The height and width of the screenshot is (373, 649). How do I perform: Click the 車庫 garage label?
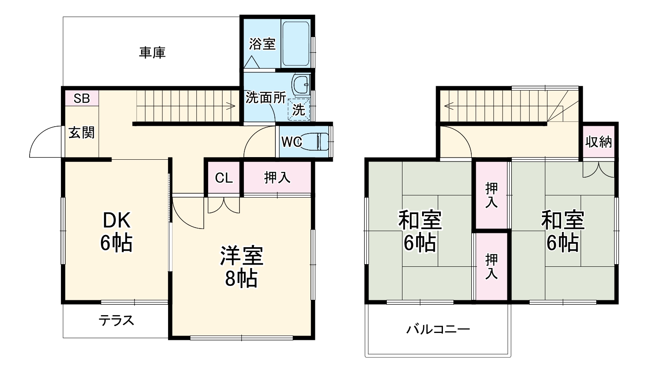click(152, 53)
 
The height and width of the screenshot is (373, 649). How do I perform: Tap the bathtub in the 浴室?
click(296, 44)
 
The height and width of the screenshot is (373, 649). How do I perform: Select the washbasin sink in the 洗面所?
click(301, 84)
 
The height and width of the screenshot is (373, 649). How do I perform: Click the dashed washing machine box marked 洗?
click(299, 109)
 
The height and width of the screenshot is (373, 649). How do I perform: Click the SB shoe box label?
click(81, 98)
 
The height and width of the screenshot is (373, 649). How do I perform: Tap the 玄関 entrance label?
click(81, 132)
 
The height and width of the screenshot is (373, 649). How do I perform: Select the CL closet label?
click(224, 178)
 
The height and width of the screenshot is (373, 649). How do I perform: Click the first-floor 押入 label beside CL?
click(277, 178)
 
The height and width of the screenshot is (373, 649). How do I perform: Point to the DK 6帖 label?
click(116, 232)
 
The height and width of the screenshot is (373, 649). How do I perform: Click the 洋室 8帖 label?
click(241, 267)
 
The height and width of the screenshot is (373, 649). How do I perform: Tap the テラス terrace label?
click(116, 321)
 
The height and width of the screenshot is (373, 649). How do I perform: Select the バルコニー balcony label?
click(438, 329)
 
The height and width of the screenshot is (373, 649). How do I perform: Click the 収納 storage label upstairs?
click(598, 142)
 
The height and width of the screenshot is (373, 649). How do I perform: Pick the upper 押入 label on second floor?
click(491, 195)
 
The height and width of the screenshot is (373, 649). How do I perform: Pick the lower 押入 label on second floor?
click(491, 266)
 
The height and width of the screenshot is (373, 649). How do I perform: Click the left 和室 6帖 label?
click(420, 232)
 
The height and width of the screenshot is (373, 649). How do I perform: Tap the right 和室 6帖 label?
click(563, 232)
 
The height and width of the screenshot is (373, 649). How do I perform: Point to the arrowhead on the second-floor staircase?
click(447, 105)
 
